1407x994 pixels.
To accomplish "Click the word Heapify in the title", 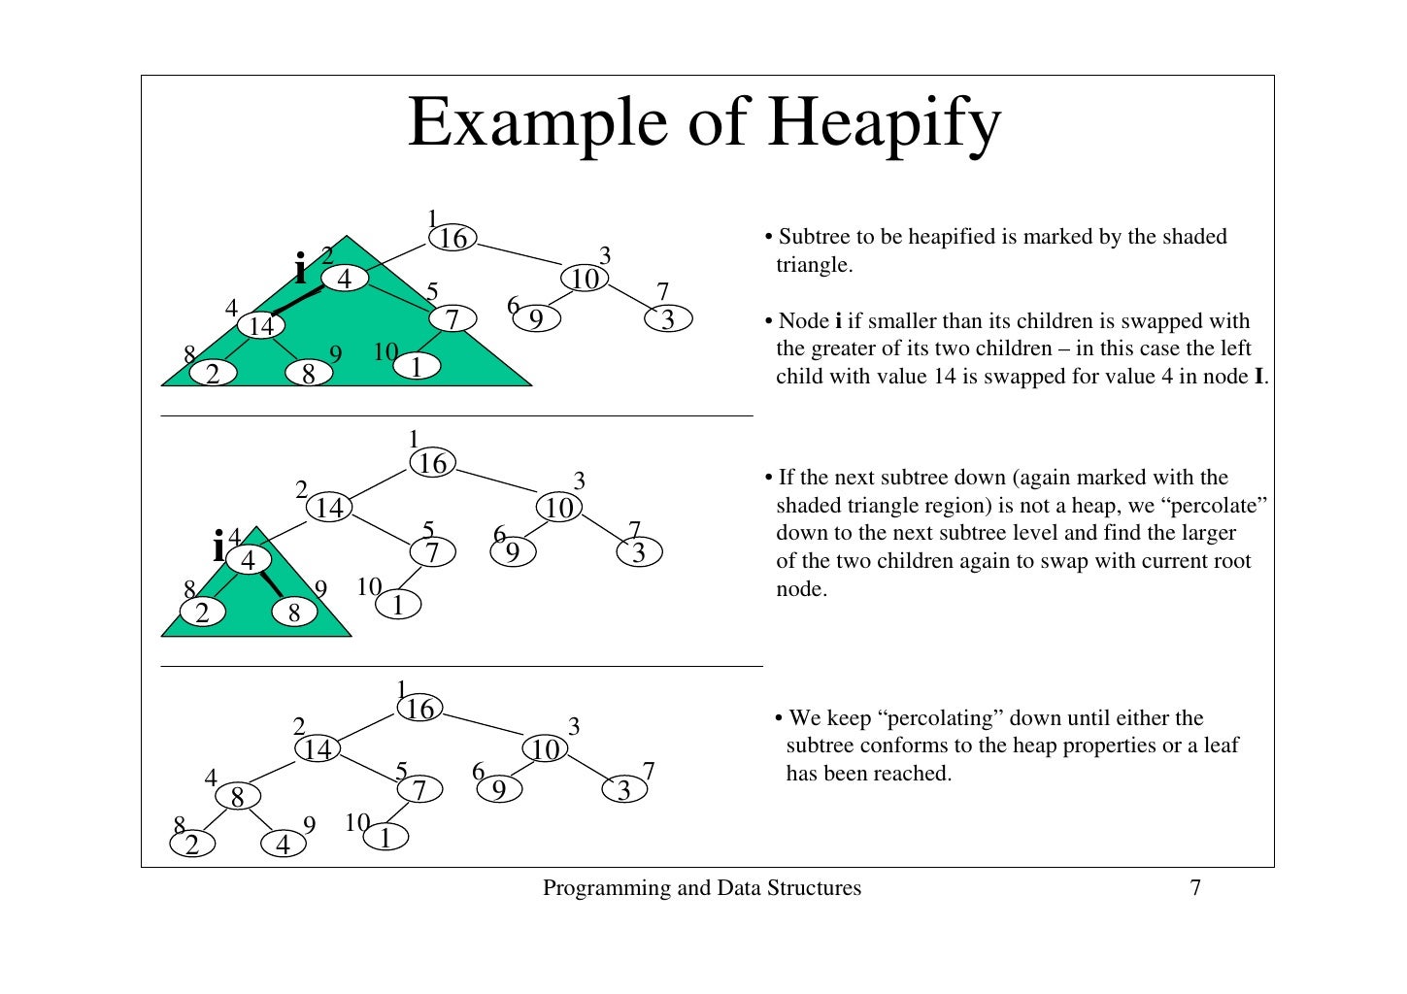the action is pos(884,124).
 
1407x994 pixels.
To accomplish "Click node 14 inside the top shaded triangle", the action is pos(261,326).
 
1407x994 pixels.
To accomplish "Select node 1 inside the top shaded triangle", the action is pos(417,367).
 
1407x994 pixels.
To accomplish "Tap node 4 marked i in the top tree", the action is pos(344,279).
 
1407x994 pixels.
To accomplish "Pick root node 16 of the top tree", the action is pos(452,238).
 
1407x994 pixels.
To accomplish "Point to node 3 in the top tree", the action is pos(668,319).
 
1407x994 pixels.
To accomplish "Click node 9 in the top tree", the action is pos(536,318).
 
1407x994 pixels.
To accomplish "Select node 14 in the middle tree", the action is pos(329,508).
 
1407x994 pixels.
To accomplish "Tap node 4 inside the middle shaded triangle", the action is pos(249,561).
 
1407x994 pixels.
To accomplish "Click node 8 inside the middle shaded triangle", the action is pos(294,613).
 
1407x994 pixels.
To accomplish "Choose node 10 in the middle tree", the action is pos(559,508).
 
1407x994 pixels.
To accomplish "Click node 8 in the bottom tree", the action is pos(237,797).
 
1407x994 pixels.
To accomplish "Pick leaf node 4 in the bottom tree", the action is pos(283,845).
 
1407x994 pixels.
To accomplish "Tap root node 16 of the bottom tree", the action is pos(419,709).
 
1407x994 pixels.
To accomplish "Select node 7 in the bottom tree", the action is pos(419,790).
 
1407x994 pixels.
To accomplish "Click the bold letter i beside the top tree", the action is pos(301,268).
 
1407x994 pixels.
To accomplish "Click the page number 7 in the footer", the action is pos(1195,887).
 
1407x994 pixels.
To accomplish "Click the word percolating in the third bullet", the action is pos(942,718).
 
